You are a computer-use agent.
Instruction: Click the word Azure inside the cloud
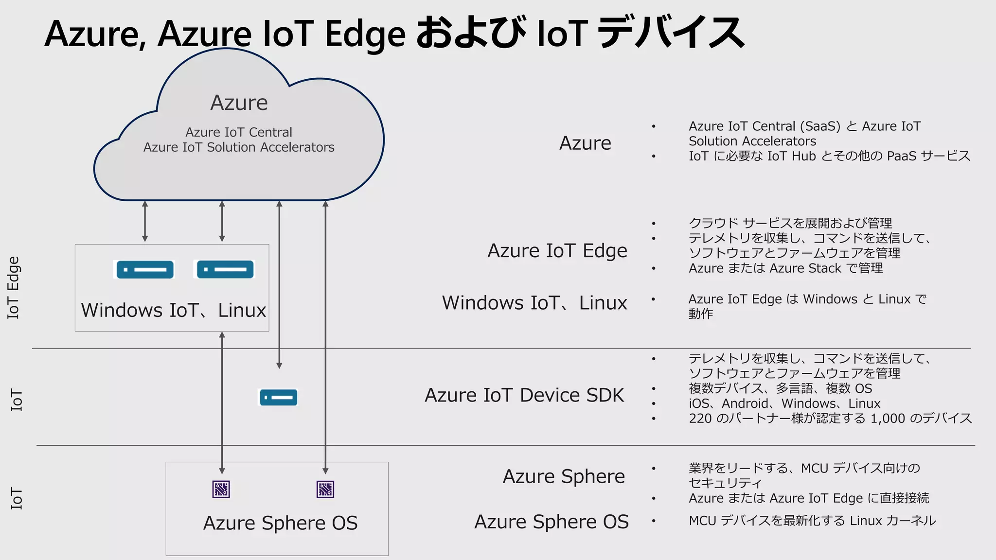[x=239, y=103]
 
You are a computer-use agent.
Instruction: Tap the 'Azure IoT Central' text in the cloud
[x=239, y=132]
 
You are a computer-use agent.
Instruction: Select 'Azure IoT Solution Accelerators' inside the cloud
[x=239, y=147]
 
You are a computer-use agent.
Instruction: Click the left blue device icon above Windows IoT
[x=145, y=269]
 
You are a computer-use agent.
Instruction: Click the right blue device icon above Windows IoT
[x=225, y=269]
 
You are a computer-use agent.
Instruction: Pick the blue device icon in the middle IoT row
[x=278, y=397]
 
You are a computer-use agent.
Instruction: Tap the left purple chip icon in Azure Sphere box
[x=221, y=489]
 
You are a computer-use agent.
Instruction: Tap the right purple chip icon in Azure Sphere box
[x=325, y=489]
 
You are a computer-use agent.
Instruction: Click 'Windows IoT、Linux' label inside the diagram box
[x=173, y=310]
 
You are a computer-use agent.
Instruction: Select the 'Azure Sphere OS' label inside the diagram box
[x=280, y=523]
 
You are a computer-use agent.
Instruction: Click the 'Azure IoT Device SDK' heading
[x=524, y=395]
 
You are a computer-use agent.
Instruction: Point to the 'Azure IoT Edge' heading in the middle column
[x=557, y=251]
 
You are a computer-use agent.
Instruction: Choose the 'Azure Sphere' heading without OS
[x=563, y=476]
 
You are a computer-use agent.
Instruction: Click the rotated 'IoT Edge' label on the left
[x=13, y=287]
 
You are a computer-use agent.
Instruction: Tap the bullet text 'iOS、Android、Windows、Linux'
[x=784, y=403]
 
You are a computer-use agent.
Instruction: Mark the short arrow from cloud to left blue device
[x=145, y=221]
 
